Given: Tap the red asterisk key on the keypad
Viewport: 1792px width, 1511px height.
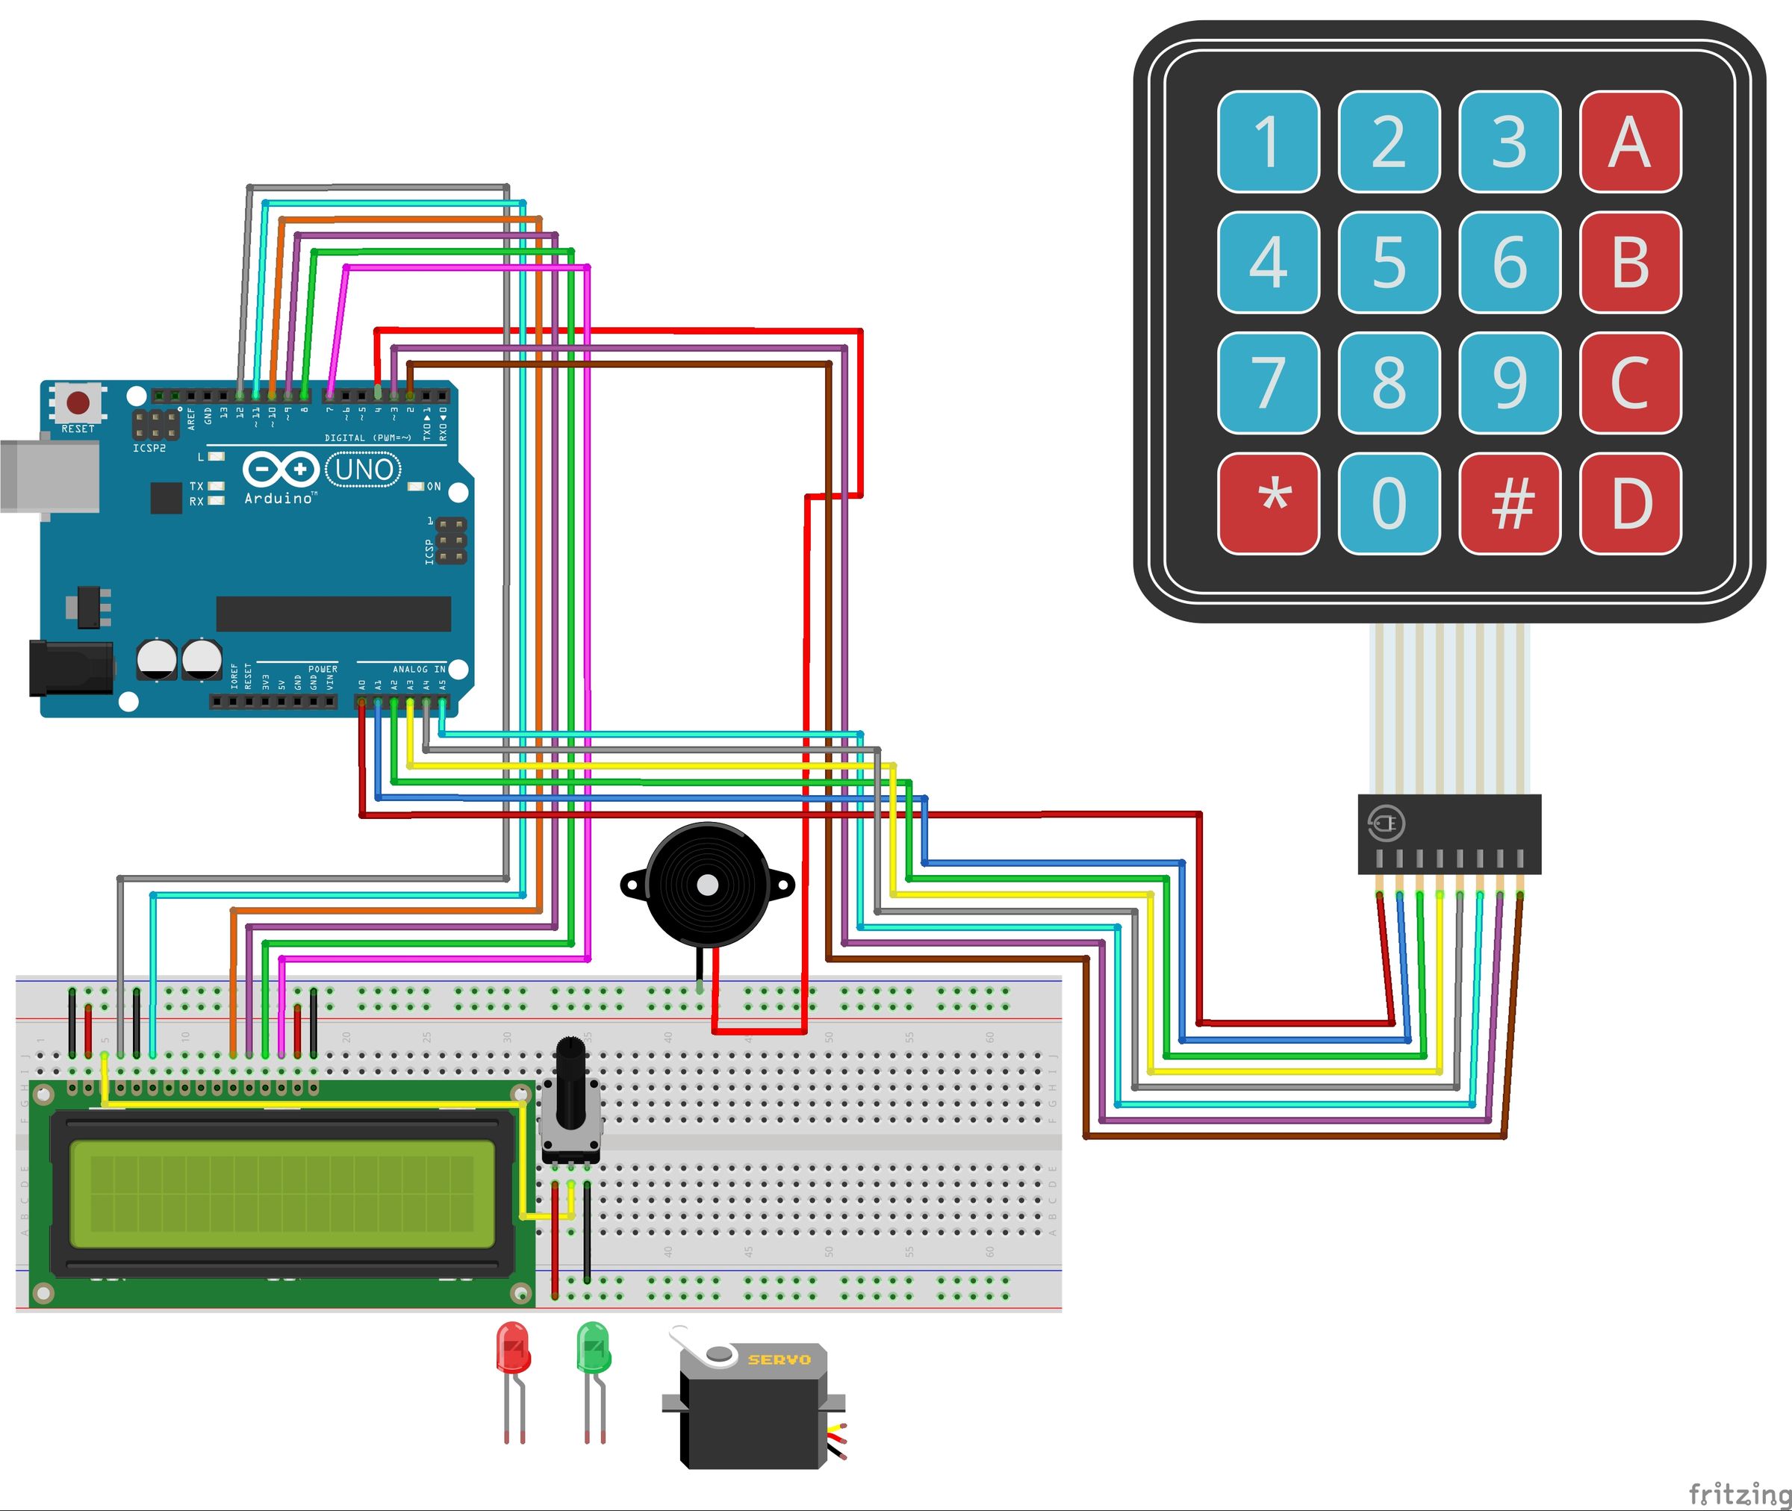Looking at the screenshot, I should click(x=1268, y=503).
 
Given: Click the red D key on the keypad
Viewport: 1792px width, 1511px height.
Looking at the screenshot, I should click(x=1630, y=503).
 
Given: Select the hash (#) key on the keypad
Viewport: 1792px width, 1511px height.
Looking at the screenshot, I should click(x=1509, y=503).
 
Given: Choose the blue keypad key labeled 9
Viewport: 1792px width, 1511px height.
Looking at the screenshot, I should click(x=1509, y=383).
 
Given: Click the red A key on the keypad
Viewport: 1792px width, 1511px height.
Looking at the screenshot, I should click(x=1630, y=141).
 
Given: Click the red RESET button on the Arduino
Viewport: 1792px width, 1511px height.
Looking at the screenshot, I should click(x=78, y=402).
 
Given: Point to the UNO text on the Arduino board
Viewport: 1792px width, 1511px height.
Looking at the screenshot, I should click(x=364, y=470).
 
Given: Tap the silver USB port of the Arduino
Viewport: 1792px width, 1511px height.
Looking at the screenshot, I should click(x=47, y=476).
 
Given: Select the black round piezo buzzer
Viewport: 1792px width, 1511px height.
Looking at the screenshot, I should click(x=706, y=885).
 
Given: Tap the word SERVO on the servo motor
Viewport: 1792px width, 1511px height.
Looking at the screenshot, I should click(x=779, y=1359).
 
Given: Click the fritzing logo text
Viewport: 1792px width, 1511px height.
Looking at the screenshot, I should click(x=1738, y=1493).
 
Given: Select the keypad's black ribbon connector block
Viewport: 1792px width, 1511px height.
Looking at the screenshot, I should click(x=1449, y=833).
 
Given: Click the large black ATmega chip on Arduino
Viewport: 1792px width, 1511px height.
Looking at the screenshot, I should click(x=333, y=614).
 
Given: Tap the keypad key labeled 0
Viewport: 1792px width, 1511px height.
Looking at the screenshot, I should click(x=1389, y=503).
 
